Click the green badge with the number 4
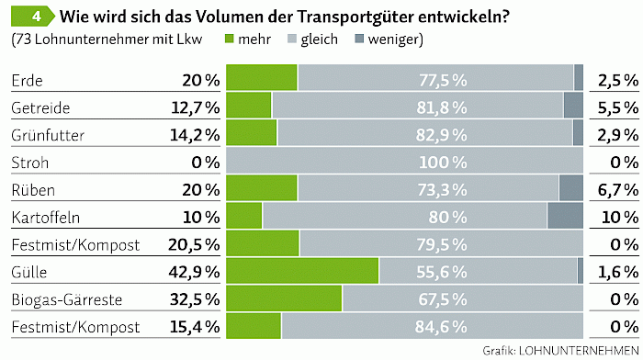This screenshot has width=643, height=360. (33, 17)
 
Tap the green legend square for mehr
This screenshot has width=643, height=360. (230, 39)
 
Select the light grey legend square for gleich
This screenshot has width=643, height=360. (292, 39)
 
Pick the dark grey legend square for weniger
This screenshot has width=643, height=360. (359, 39)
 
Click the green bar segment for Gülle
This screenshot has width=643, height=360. (302, 271)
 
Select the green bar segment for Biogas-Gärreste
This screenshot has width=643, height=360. (284, 298)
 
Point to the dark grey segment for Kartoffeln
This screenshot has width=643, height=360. (565, 216)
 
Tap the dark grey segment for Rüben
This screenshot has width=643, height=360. (571, 188)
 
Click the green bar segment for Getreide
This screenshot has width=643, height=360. (249, 105)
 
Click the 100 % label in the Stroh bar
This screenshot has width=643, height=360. (443, 163)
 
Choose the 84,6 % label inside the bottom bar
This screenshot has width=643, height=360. (441, 327)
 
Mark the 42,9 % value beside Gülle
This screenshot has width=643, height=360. (194, 272)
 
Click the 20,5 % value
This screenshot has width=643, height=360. (194, 245)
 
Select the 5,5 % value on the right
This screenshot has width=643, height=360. (618, 107)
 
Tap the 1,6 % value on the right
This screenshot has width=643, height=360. (618, 272)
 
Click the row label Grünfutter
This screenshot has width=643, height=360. (48, 135)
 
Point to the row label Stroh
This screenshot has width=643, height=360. (30, 163)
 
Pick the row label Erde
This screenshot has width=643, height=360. (27, 81)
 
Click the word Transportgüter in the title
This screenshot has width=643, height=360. (355, 17)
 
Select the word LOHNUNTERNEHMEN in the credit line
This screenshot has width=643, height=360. (579, 351)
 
